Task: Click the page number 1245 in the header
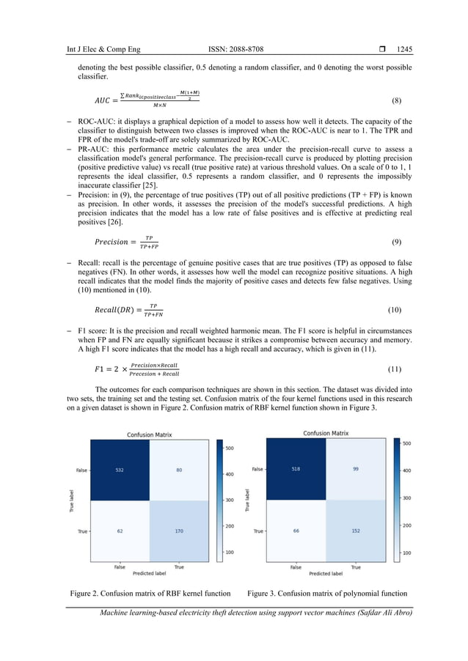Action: (x=404, y=49)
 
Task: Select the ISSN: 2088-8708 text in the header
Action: (x=236, y=49)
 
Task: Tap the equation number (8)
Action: (x=396, y=100)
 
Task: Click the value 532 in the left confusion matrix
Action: (x=119, y=470)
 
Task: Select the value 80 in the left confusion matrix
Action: (x=179, y=470)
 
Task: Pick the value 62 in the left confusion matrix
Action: (x=119, y=531)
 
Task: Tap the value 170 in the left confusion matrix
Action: (x=179, y=531)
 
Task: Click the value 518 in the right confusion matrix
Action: (x=296, y=468)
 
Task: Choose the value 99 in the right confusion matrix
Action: (x=356, y=468)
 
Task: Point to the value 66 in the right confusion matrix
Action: (x=296, y=529)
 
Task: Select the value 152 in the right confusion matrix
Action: (x=356, y=529)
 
